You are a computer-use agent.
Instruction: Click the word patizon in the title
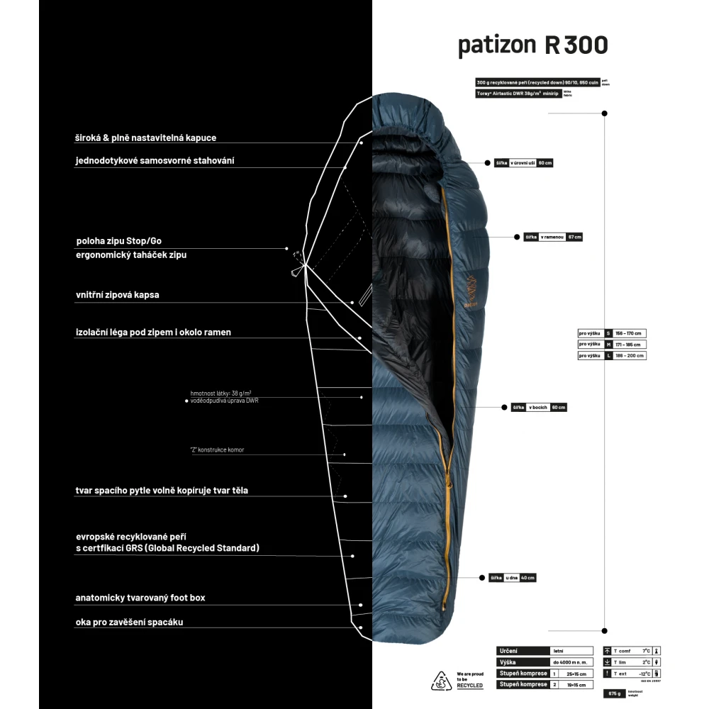[498, 45]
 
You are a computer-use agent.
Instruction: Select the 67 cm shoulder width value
[574, 237]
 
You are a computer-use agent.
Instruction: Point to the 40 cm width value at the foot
[528, 578]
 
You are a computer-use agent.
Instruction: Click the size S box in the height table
[608, 333]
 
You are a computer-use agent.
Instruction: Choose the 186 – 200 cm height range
[630, 356]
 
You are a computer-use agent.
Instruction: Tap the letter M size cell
[608, 345]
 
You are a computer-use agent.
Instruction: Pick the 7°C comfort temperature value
[646, 650]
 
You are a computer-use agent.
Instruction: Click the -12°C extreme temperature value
[644, 673]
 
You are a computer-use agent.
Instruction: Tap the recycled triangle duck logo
[442, 680]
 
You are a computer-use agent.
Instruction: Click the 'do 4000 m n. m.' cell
[571, 661]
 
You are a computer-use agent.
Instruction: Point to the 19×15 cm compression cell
[571, 684]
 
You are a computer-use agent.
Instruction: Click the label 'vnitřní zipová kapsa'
[117, 295]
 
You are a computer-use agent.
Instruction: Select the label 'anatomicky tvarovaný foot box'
[140, 598]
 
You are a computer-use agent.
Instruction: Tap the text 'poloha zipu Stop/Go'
[123, 241]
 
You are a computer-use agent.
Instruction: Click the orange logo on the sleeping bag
[470, 286]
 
